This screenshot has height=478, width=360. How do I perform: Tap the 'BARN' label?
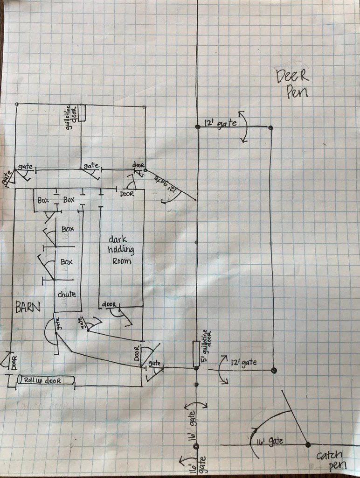28,307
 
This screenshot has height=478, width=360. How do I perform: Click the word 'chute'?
67,294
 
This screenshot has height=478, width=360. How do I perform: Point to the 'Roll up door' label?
46,380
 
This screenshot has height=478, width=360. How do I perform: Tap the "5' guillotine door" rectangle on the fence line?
196,353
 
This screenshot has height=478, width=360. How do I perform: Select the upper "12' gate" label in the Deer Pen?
219,124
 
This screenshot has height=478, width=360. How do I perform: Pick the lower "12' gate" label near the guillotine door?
244,362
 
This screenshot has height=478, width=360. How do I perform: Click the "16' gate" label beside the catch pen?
269,440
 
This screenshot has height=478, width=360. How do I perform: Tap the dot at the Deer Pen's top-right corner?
271,127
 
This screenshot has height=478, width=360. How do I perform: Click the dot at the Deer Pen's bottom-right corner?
274,370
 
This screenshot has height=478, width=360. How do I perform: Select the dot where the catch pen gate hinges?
308,444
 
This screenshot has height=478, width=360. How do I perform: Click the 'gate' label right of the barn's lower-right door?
155,364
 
